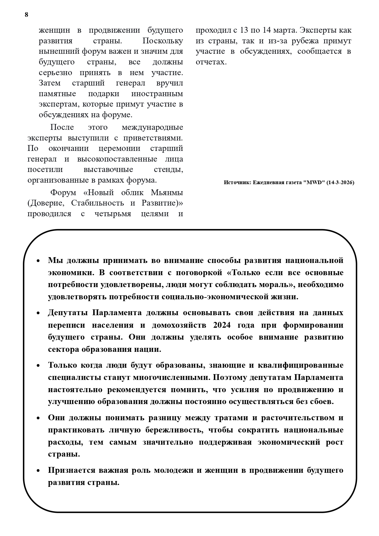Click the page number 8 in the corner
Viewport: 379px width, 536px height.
click(x=26, y=15)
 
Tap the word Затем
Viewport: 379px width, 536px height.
click(x=50, y=83)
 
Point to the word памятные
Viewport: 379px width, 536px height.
click(x=57, y=94)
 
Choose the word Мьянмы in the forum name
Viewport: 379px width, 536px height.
click(x=167, y=193)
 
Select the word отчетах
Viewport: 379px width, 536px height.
click(x=211, y=62)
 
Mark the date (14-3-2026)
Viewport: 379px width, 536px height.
click(x=340, y=183)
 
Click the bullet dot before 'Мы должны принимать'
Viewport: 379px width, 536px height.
click(x=38, y=261)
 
